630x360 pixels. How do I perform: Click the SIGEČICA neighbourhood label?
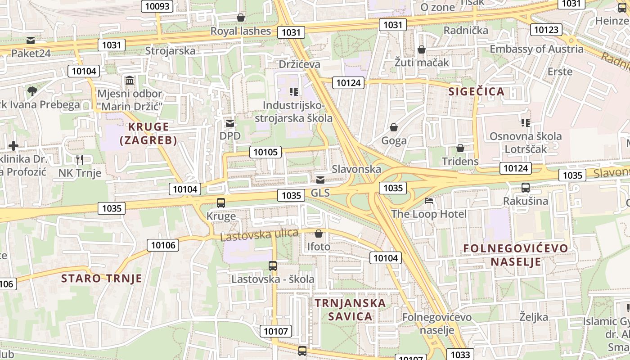click(x=477, y=92)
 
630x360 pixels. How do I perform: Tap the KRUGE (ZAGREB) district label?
click(x=148, y=133)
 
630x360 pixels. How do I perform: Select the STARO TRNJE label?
click(x=102, y=278)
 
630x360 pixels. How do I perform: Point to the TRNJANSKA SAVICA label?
click(x=350, y=309)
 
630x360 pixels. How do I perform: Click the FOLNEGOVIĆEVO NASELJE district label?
click(x=516, y=255)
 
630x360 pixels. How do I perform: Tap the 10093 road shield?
click(x=157, y=6)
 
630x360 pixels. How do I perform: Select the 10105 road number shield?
click(x=265, y=152)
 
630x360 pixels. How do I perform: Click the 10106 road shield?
click(x=163, y=245)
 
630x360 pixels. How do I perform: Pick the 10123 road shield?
click(x=546, y=30)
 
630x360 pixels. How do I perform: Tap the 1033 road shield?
click(x=460, y=355)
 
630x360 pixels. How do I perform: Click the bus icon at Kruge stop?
click(x=220, y=203)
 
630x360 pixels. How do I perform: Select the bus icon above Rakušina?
click(x=525, y=188)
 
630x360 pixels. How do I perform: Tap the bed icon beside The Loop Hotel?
click(x=429, y=201)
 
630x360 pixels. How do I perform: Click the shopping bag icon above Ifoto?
click(x=319, y=234)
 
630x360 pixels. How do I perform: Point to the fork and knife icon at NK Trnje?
click(x=80, y=159)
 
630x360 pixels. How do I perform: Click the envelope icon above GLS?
click(x=320, y=180)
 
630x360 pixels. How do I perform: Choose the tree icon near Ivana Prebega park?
click(x=32, y=91)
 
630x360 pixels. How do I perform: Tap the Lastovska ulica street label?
click(x=259, y=234)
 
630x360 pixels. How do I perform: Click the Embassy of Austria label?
click(x=536, y=49)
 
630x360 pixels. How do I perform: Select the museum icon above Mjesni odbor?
click(x=130, y=81)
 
